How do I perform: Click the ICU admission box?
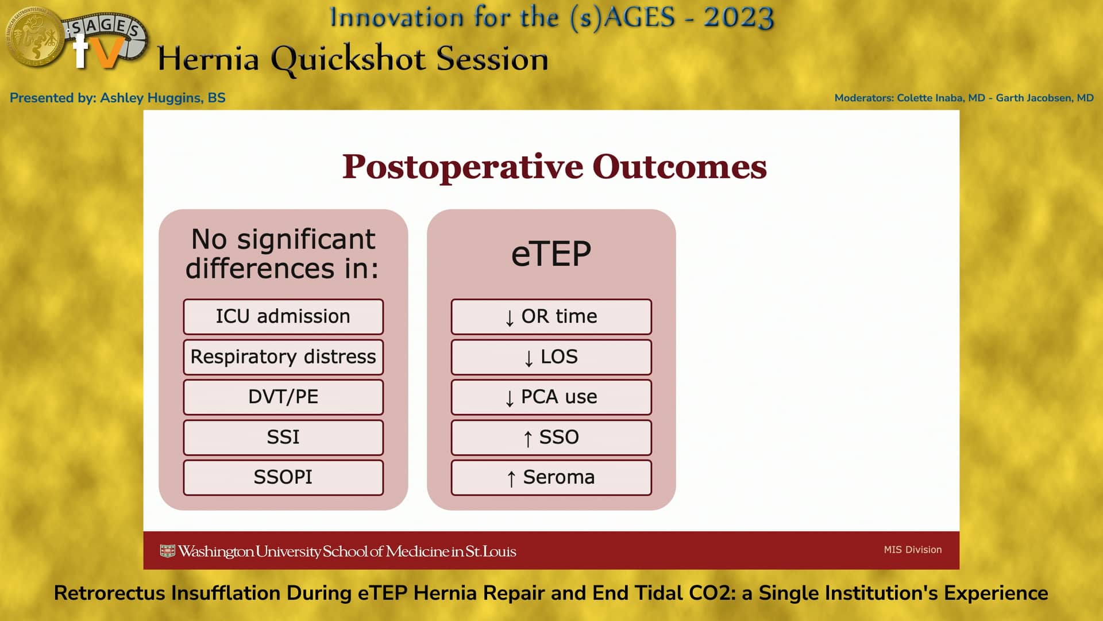coord(283,316)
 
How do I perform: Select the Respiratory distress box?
coord(283,356)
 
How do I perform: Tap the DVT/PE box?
coord(283,397)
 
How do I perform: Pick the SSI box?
coord(283,437)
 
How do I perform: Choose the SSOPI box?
coord(283,477)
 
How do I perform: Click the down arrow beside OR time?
coord(509,317)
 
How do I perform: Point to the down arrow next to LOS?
coord(529,358)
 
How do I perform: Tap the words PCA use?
coord(558,397)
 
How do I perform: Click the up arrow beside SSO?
coord(527,438)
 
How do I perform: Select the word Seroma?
coord(558,477)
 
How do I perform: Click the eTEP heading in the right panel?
coord(551,254)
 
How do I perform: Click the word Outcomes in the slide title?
coord(679,167)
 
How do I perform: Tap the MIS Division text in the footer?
coord(912,550)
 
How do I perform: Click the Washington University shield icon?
coord(167,551)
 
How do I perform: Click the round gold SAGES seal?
coord(34,36)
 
